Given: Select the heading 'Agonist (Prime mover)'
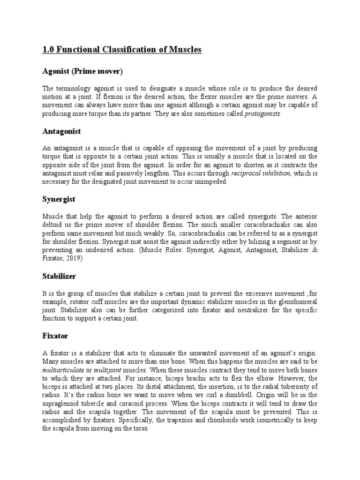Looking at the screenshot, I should coord(82,71).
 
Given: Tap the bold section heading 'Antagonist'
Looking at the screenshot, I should coord(61,131).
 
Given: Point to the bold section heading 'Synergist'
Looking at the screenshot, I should coord(59,199).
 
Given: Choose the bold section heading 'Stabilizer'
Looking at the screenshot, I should coord(59,276).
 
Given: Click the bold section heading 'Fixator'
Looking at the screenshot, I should coord(55,336).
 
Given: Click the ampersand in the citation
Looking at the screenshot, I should coord(315,250).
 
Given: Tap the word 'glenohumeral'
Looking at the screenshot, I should coord(294,302).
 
